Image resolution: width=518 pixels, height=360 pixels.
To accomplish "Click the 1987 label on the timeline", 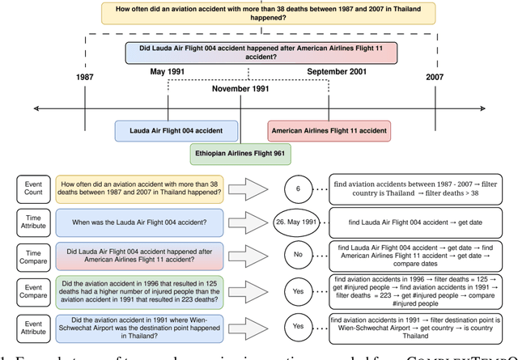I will [x=85, y=77].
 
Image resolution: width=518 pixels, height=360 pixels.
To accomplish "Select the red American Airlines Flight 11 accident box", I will [x=329, y=130].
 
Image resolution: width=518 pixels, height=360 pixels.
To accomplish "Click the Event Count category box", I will [x=33, y=189].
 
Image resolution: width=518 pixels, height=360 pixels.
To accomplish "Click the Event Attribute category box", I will [x=33, y=327].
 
